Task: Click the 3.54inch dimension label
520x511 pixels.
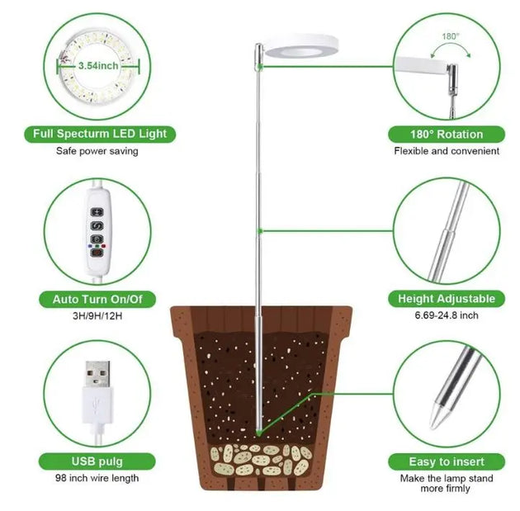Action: tap(98, 66)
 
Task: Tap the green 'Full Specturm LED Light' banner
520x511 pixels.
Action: tap(100, 134)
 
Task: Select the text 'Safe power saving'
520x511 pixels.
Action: tap(97, 151)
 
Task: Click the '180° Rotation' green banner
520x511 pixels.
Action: tap(447, 135)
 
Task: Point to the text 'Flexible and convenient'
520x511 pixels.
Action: tap(447, 151)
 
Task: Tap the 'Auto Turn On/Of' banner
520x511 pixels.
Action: tap(97, 300)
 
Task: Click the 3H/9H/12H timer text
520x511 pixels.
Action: tap(97, 315)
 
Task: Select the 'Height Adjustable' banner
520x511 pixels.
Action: tap(447, 299)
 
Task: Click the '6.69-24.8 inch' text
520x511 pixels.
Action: tap(447, 315)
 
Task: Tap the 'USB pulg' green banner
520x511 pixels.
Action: tap(97, 461)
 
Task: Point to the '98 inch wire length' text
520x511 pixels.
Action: tap(97, 478)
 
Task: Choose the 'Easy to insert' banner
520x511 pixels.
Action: tap(447, 462)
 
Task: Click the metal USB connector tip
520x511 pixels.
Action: tap(97, 374)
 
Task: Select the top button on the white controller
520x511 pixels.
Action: tap(97, 212)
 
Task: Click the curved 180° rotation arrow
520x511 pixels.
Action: tap(450, 49)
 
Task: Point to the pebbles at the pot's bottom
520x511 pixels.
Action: tap(262, 459)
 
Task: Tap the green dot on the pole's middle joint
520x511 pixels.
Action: tap(260, 231)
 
